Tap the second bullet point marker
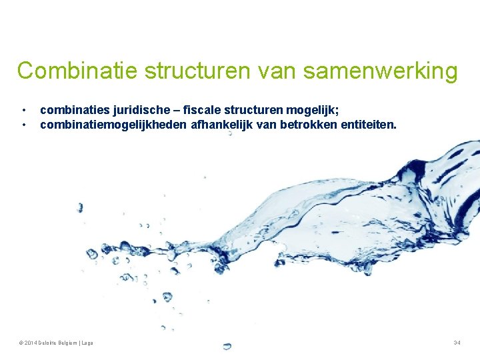click(x=23, y=124)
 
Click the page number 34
click(x=457, y=343)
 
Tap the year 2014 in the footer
click(x=31, y=343)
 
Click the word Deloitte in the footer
click(x=50, y=343)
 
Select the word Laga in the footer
click(x=87, y=343)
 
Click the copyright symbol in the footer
click(x=22, y=343)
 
